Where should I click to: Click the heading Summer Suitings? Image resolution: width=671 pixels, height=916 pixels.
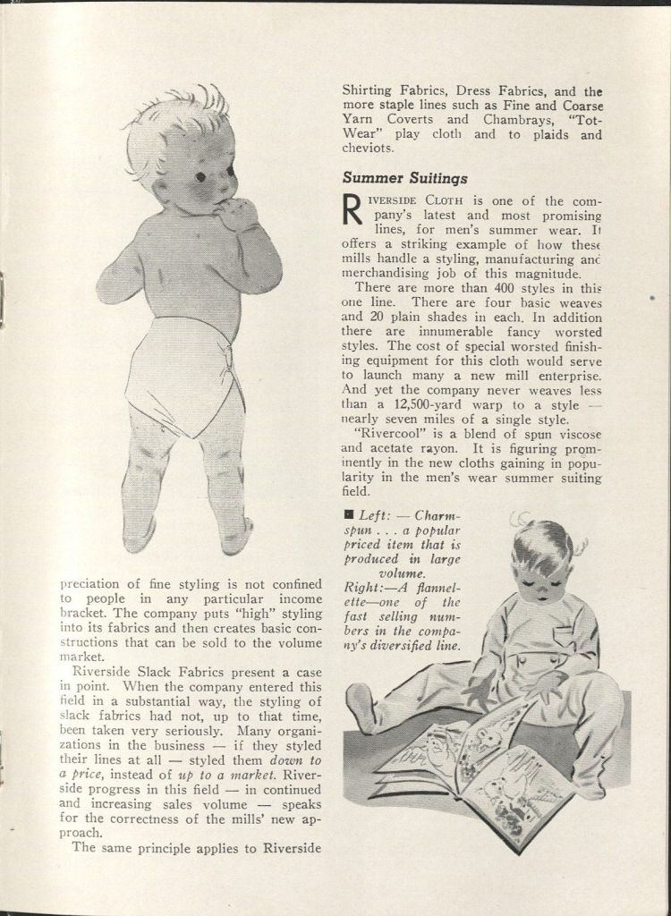[x=404, y=178]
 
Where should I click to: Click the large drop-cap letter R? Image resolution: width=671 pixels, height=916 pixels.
[x=352, y=211]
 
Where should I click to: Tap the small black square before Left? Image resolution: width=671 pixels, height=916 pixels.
[x=348, y=515]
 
